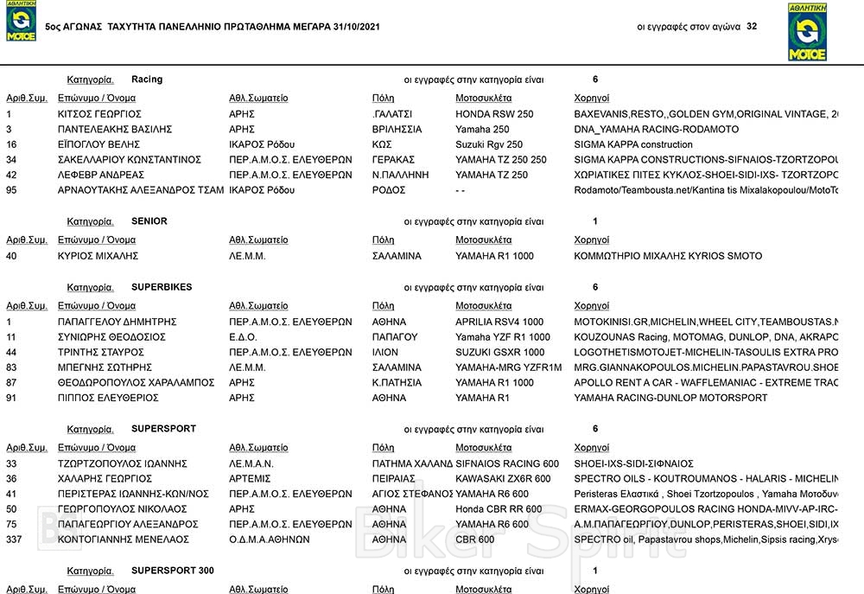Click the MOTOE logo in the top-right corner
[x=807, y=32]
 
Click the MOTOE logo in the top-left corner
[x=21, y=22]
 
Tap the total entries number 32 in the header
[x=752, y=27]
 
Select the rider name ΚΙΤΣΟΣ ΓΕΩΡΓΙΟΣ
[x=99, y=114]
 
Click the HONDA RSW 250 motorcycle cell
[x=494, y=114]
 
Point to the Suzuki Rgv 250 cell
[x=489, y=144]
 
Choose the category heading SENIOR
[x=149, y=221]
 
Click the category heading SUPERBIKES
[x=162, y=287]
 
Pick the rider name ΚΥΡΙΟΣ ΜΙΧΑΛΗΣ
[x=98, y=256]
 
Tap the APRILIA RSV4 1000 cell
[x=499, y=322]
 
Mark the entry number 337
[x=15, y=540]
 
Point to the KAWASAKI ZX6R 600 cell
[x=503, y=479]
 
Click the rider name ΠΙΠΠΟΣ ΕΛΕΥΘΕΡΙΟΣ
[x=108, y=398]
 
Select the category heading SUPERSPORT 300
[x=173, y=571]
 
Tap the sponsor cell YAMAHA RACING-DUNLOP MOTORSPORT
[x=670, y=398]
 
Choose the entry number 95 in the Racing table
[x=12, y=190]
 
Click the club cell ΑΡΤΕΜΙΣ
[x=250, y=479]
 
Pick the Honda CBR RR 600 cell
[x=499, y=509]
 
